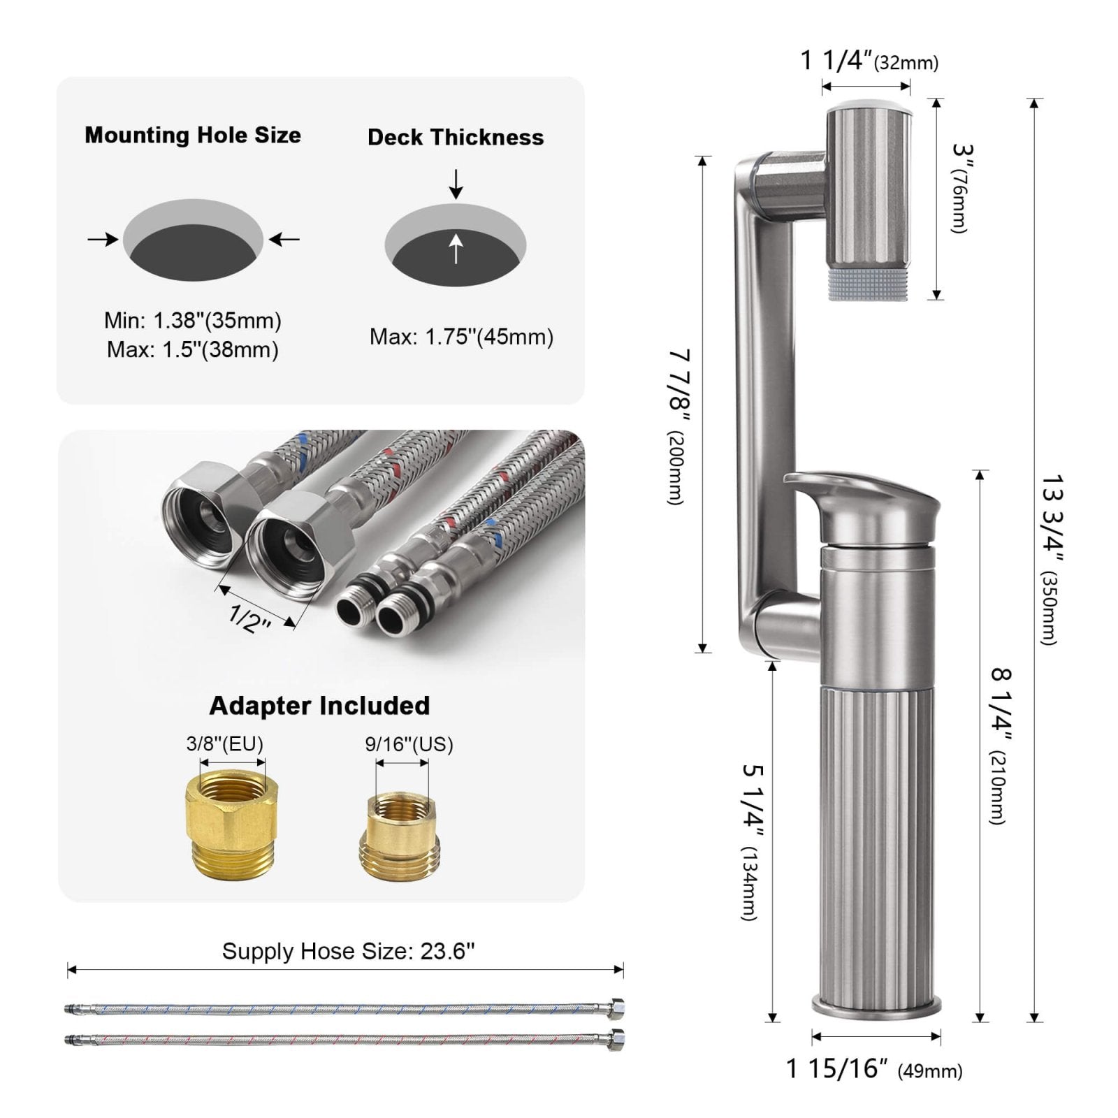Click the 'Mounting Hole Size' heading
(x=193, y=135)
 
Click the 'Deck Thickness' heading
(x=456, y=137)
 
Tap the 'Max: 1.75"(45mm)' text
(x=461, y=337)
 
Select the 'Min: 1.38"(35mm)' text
(x=193, y=321)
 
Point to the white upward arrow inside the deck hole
(x=456, y=248)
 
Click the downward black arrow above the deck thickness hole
(x=456, y=183)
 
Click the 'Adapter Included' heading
(x=319, y=706)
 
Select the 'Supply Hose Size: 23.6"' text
(x=348, y=951)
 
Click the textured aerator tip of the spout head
(x=867, y=287)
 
